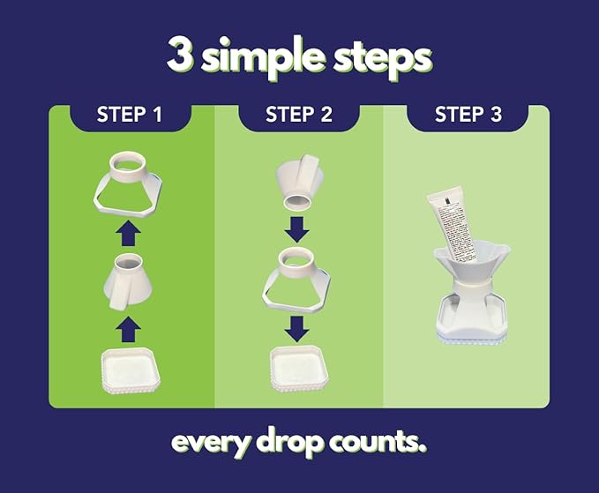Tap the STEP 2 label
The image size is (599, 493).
pyautogui.click(x=299, y=115)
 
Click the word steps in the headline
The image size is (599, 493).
pyautogui.click(x=381, y=57)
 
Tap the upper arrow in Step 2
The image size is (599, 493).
pyautogui.click(x=299, y=230)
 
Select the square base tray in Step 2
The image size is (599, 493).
pyautogui.click(x=299, y=365)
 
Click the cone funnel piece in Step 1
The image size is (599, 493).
pyautogui.click(x=130, y=281)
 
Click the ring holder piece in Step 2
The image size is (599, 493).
pyautogui.click(x=300, y=276)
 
